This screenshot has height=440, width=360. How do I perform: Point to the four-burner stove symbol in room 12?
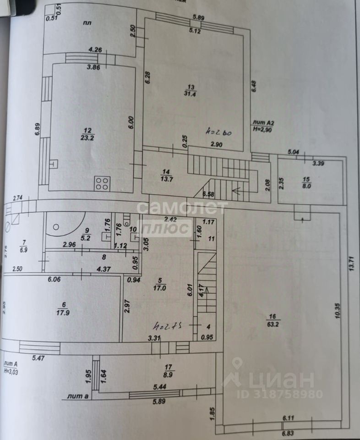click(102, 184)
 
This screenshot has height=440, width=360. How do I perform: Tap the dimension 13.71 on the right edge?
click(351, 263)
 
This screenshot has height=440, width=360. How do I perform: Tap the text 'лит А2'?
click(263, 123)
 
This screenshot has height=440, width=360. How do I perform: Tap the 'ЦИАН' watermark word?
click(280, 380)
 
